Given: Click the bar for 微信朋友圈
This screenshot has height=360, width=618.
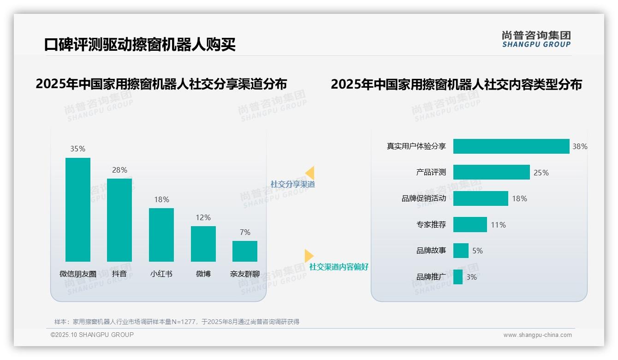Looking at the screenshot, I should pos(78,210).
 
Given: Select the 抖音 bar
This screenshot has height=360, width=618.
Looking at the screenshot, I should pos(119,220).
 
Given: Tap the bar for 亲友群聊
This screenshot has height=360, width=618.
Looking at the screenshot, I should pos(245,251).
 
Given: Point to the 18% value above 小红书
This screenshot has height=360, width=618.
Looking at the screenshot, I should pos(161,199).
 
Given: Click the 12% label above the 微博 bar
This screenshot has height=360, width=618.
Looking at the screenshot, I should pos(203,217).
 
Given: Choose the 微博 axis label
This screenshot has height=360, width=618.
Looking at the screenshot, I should pos(203,274).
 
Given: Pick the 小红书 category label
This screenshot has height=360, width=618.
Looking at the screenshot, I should pos(161,274).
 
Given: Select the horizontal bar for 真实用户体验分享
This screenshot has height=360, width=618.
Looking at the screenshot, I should pos(511,146).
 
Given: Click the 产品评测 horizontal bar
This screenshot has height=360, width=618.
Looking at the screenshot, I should pos(491,172).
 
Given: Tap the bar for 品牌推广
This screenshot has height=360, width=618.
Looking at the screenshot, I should pos(458,277).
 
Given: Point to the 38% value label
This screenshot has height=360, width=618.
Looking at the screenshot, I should pos(580,146).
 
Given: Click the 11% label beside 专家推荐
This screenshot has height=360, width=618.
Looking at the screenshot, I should pos(498,225).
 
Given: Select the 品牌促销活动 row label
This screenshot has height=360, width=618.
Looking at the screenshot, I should pos(424,198).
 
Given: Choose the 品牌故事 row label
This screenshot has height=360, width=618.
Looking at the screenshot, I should pos(431,251).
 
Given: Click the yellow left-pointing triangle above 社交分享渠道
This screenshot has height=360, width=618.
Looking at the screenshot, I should pos(310,173).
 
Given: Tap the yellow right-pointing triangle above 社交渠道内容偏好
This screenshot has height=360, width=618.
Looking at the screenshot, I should pos(309,256).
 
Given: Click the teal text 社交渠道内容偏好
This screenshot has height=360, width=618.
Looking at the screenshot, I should pos(339,267).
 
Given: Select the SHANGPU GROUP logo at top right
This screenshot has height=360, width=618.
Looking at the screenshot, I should pos(536,39).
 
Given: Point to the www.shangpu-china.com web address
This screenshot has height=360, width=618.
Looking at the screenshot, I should pos(537,335).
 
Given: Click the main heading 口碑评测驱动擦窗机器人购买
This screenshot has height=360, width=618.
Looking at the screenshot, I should pos(140,45).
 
